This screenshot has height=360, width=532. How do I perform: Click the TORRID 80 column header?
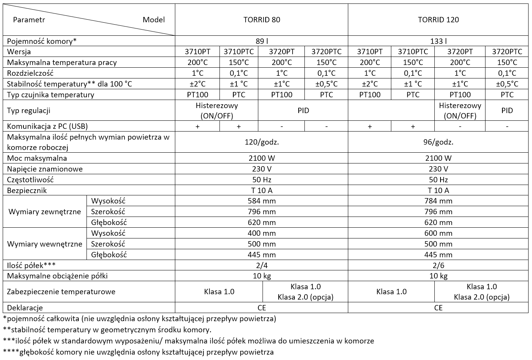(261, 20)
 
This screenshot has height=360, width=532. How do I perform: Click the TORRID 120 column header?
(438, 20)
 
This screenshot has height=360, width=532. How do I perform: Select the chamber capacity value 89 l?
(261, 41)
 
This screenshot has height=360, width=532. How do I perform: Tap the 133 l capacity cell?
(438, 41)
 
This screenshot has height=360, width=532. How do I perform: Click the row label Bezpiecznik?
(27, 190)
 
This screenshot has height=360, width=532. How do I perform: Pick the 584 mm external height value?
(261, 201)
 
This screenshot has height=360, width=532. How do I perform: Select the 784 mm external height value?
(438, 201)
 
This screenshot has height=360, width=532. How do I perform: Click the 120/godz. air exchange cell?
(261, 142)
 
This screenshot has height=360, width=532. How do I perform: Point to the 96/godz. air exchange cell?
(438, 142)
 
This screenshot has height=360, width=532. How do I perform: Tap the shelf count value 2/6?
(438, 265)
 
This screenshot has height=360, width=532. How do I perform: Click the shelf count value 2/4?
(261, 265)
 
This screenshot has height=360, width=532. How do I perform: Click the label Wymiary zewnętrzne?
(45, 212)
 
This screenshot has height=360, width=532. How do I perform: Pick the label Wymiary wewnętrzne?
(45, 244)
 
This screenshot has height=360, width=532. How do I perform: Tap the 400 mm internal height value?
(261, 233)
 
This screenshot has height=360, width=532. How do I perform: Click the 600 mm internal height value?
(438, 233)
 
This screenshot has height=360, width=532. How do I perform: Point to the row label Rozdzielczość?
(30, 73)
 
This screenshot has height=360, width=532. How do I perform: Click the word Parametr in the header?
(29, 20)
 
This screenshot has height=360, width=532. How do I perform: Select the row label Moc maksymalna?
(37, 158)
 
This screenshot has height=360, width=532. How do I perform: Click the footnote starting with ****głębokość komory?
(138, 352)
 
